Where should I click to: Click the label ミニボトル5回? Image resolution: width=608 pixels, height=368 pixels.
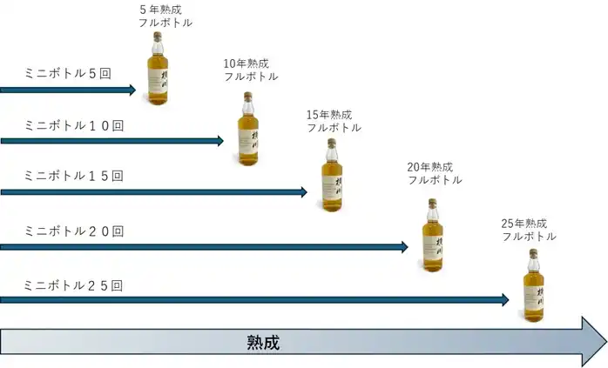click(x=68, y=73)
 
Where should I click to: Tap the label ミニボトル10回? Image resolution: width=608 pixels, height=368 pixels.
click(x=74, y=125)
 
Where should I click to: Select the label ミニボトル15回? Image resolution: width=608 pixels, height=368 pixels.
click(x=74, y=176)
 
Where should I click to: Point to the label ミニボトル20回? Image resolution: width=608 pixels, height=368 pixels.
click(x=74, y=231)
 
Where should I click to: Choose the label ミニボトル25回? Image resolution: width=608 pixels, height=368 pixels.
click(x=73, y=285)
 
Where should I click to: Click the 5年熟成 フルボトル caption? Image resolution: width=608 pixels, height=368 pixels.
click(x=166, y=17)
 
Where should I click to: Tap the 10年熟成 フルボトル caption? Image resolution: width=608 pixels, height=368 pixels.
click(x=251, y=70)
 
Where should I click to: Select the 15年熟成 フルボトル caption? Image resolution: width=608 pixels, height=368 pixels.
click(x=334, y=121)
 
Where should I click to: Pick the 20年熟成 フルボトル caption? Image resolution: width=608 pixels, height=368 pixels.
click(x=435, y=173)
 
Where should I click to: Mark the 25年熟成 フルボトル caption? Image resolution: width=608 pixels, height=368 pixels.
click(x=529, y=230)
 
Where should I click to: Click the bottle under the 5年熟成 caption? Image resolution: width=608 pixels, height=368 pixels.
click(x=158, y=68)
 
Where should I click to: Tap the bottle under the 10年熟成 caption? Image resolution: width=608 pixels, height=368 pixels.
click(x=248, y=129)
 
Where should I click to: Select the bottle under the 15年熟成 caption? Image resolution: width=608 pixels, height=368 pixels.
click(x=332, y=175)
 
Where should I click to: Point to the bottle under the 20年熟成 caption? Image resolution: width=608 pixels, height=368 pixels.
click(x=433, y=235)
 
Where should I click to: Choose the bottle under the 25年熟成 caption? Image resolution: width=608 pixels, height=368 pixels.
click(x=534, y=285)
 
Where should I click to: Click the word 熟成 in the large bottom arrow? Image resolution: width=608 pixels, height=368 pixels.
click(x=263, y=343)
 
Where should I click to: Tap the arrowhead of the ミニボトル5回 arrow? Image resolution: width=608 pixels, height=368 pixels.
click(x=132, y=90)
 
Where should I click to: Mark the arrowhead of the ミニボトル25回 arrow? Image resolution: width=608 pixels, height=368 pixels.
click(x=505, y=299)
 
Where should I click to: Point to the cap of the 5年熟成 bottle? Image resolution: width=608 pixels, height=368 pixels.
click(x=158, y=37)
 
